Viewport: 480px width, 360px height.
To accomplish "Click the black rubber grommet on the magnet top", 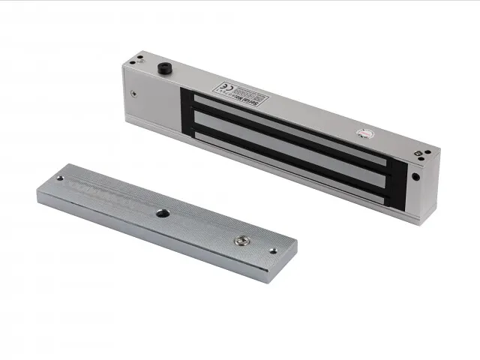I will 162,68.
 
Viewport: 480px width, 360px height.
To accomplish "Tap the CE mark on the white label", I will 224,87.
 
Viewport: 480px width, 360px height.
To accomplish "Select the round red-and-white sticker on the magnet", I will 364,135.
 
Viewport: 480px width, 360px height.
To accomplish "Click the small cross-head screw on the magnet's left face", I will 133,94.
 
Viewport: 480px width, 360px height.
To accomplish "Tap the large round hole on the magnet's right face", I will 415,178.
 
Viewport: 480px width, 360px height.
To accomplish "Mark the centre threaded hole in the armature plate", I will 162,214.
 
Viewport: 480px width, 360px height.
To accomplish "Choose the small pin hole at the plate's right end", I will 273,250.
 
